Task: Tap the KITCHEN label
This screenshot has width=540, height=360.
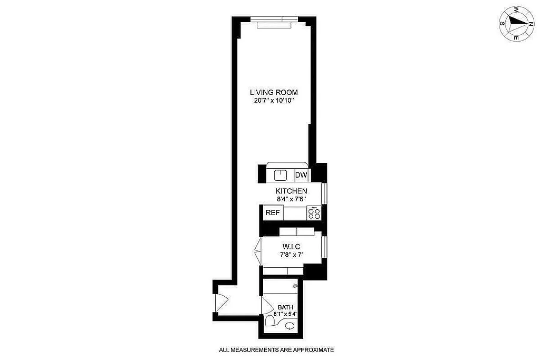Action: pos(291,191)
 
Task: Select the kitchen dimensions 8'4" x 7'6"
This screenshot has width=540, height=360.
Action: pos(291,199)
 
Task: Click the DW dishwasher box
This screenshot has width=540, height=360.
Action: pos(301,175)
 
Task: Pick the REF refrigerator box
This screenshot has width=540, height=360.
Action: pos(272,213)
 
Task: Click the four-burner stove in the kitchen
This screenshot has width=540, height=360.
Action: pos(314,213)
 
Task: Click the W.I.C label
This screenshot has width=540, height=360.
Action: pos(291,247)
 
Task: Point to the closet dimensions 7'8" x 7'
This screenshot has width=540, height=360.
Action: pos(291,255)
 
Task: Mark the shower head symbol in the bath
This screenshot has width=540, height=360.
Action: pos(296,285)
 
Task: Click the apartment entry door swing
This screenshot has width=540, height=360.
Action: pos(222,302)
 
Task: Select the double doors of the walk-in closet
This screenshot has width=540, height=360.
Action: pos(258,250)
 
